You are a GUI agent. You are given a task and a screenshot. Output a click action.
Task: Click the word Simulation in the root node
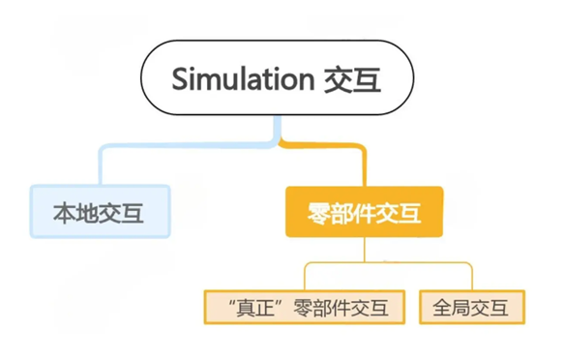243,78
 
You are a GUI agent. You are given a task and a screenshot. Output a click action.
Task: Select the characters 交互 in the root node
352,79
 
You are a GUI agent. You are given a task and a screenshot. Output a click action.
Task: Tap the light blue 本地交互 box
100,211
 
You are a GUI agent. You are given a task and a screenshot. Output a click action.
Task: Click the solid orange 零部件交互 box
364,212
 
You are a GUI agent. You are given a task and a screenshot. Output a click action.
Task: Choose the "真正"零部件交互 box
305,307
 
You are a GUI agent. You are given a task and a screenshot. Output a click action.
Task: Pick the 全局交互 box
472,307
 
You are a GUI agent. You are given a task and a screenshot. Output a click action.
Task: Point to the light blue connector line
180,145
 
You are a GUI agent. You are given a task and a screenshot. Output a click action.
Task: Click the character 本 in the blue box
64,213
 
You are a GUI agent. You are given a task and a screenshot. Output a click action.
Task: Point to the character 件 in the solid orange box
365,214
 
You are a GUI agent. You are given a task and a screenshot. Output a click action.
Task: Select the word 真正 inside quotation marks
256,309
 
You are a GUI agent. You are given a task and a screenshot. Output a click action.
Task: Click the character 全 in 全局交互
442,308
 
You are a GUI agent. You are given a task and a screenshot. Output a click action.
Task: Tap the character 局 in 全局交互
461,308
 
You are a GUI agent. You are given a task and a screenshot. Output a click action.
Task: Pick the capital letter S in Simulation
179,79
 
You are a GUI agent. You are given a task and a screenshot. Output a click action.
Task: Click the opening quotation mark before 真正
232,303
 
